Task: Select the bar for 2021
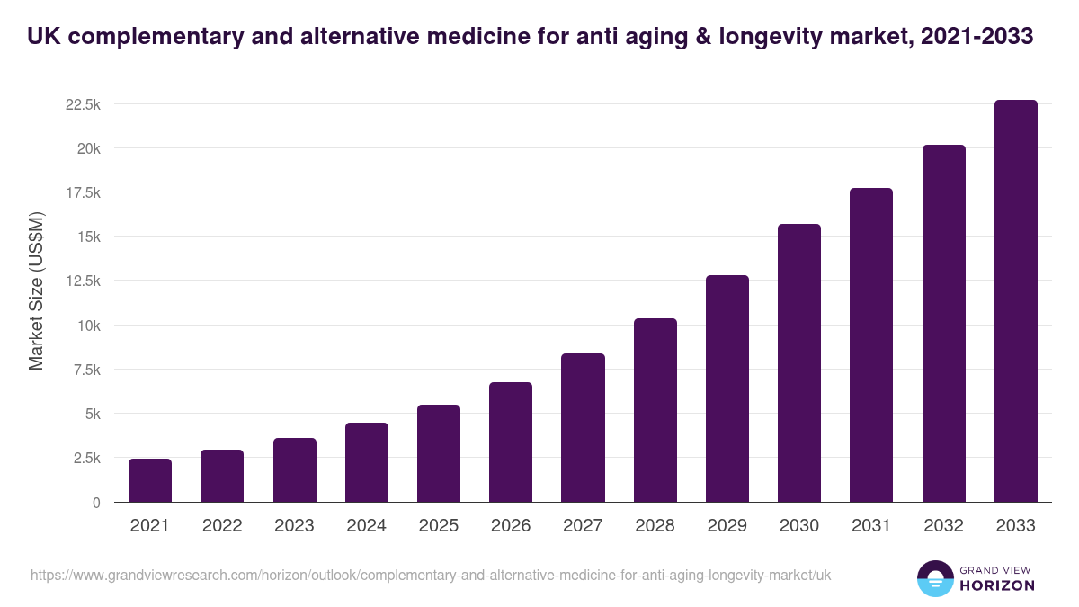150,480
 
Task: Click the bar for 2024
367,462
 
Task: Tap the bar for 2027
583,428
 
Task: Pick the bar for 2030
799,363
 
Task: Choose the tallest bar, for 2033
1015,301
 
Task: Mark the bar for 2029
727,388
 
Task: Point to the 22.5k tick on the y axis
83,104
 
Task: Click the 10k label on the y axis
87,326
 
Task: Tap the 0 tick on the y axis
95,503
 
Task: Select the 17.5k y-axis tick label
83,192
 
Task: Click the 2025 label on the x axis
439,526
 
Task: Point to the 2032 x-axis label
943,526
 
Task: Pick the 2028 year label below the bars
655,526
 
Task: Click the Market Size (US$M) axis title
36,291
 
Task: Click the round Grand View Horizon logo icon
934,578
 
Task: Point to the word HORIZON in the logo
996,585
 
